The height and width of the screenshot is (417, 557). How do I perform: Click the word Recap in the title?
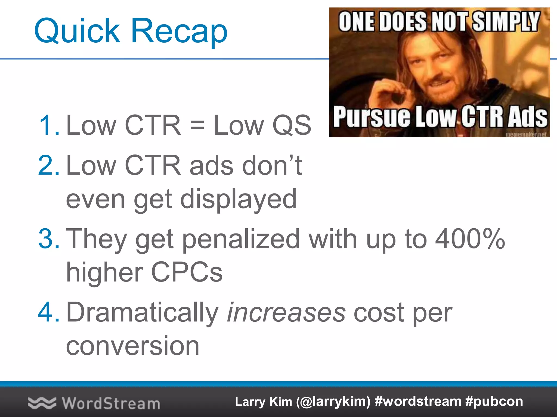tap(179, 30)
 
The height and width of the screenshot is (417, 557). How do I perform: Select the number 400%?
tap(470, 239)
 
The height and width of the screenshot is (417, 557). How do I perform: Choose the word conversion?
tap(133, 346)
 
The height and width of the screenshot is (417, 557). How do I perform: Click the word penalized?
tap(241, 239)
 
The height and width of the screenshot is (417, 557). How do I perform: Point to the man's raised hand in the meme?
tap(392, 92)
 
